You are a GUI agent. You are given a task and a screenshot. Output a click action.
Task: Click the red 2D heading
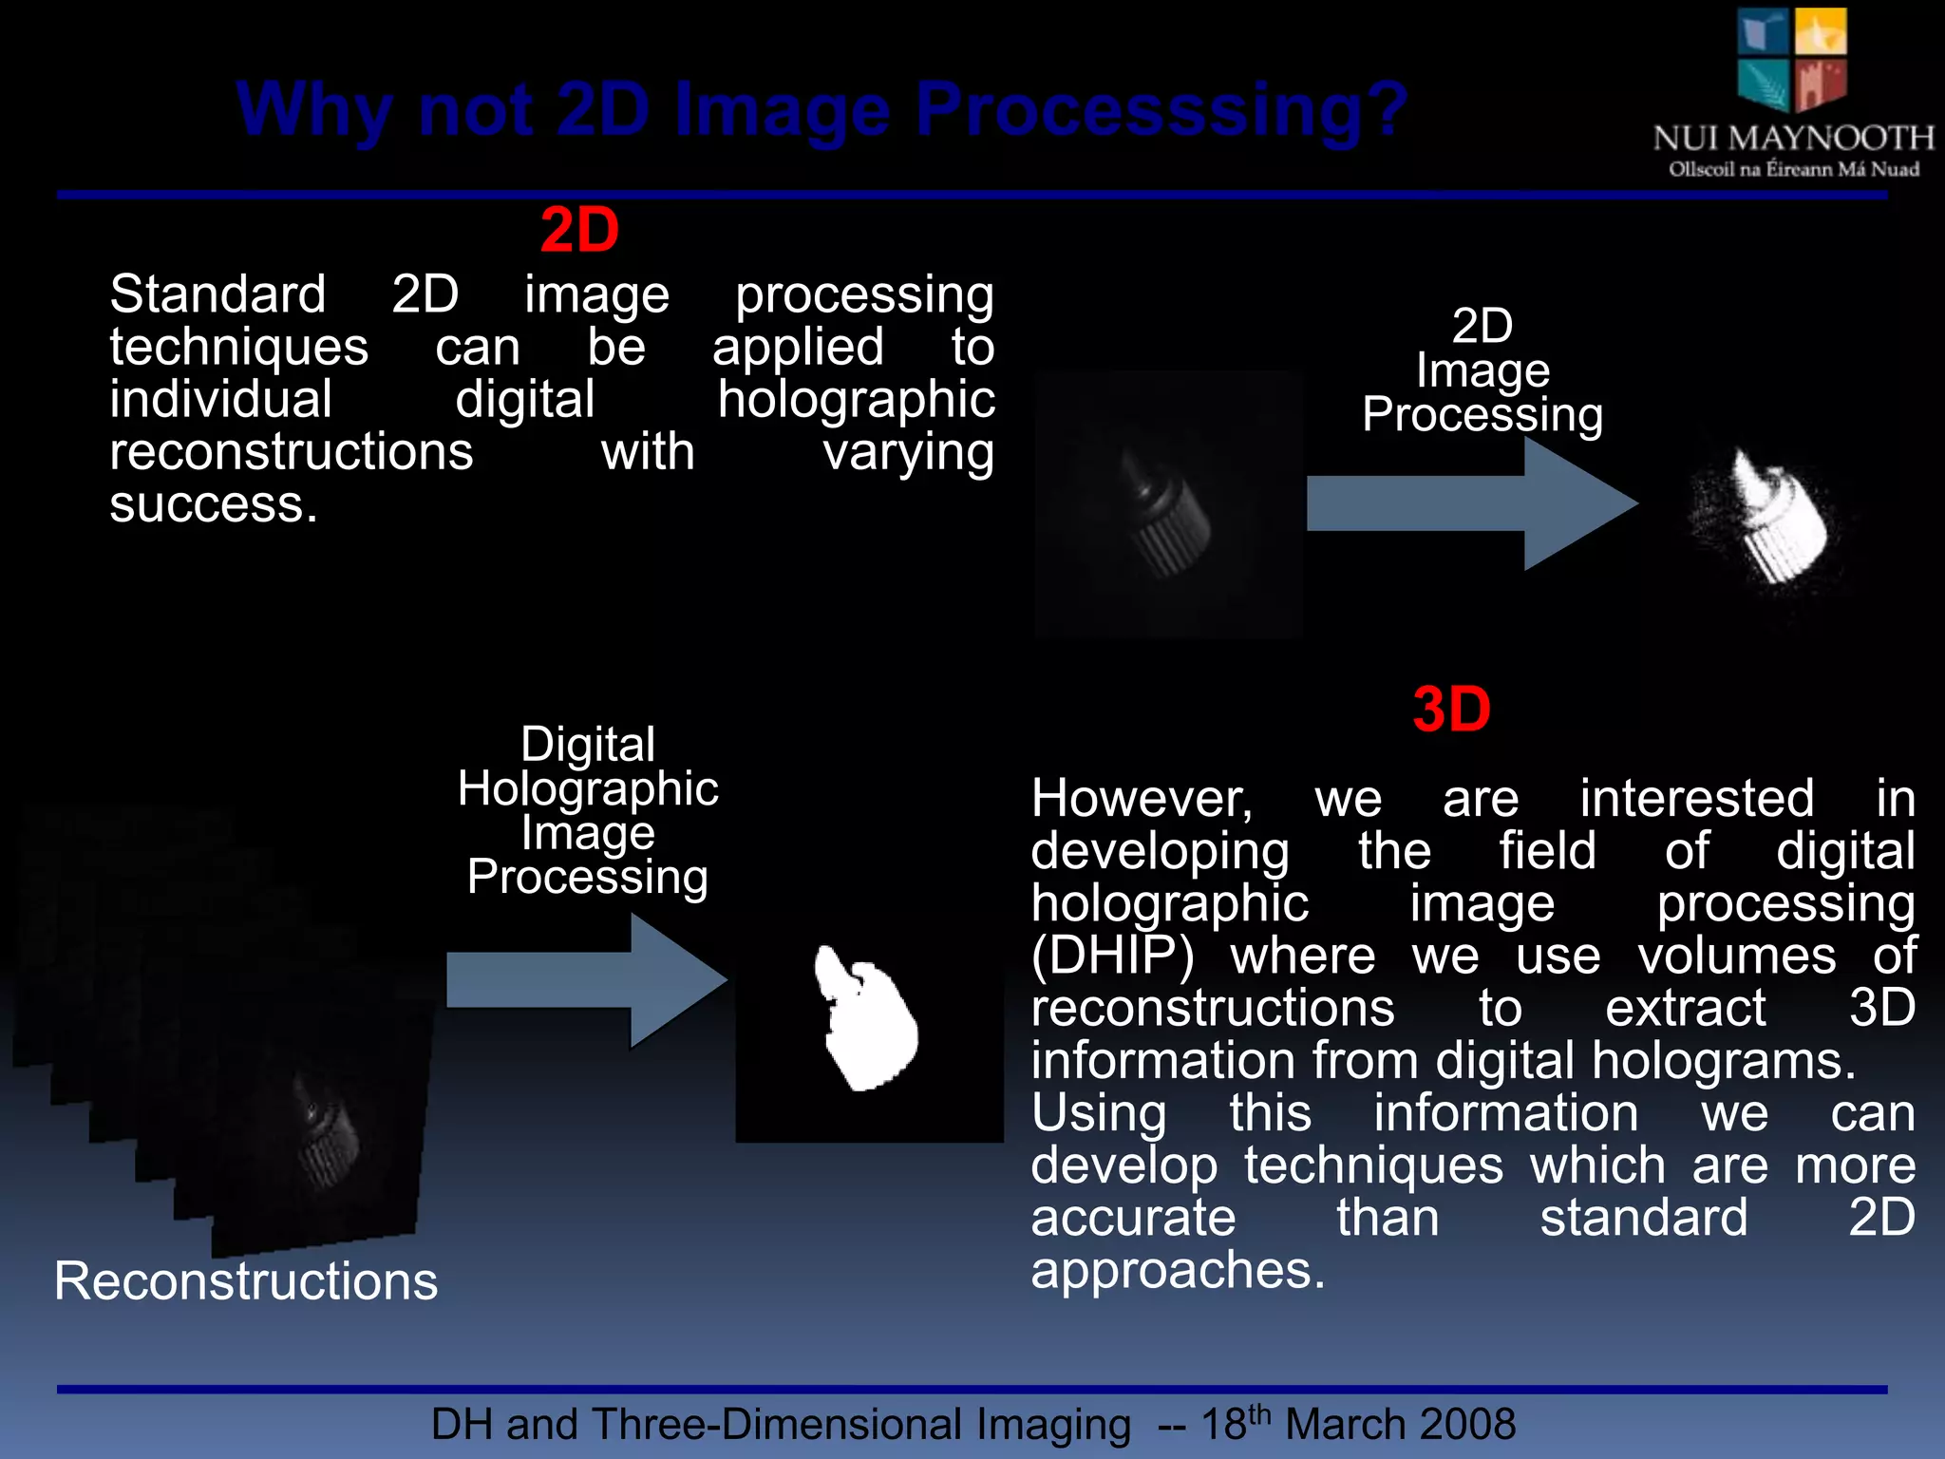pos(579,231)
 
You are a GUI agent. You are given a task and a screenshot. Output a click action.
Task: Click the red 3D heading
pos(1451,710)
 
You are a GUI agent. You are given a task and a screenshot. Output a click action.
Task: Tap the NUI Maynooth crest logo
pos(1792,59)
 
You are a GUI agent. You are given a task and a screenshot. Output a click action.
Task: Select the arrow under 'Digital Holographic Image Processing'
pos(586,980)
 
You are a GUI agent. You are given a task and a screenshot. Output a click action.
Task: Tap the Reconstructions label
pos(246,1280)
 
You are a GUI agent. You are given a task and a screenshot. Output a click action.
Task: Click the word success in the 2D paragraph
pos(213,504)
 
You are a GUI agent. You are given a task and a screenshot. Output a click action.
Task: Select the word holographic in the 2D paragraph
pos(856,399)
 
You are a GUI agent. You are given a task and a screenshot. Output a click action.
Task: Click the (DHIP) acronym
pos(1112,956)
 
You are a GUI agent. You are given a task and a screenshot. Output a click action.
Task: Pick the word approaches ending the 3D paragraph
pos(1178,1270)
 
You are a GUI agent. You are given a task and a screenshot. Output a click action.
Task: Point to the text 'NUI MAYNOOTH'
pos(1793,139)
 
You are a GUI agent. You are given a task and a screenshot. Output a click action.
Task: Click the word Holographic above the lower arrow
pos(588,788)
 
